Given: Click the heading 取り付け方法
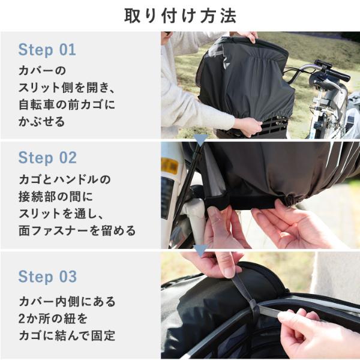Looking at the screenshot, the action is pos(180,16).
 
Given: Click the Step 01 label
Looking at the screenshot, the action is pos(47,50).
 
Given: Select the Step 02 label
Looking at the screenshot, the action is pos(47,157).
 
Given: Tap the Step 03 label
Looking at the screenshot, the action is pos(47,277).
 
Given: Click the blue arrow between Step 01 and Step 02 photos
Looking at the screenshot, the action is pos(200,140).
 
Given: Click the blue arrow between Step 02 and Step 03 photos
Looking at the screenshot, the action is pos(200,250).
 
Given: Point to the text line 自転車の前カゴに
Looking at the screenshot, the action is pos(67,104).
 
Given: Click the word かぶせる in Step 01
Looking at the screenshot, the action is pos(41,121).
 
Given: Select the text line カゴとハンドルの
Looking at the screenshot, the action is pos(65,179).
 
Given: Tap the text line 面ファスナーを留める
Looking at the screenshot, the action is pos(77,231).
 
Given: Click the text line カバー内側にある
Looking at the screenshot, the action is pos(67,301).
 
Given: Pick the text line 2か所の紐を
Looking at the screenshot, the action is pos(53,319).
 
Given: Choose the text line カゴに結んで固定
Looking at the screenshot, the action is pos(67,335).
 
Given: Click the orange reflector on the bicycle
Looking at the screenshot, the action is pos(170,166).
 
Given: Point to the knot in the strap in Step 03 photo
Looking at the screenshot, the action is pos(253,305).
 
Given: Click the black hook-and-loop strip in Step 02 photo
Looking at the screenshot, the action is pos(241,203).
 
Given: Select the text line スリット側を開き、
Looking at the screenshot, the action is pos(67,88).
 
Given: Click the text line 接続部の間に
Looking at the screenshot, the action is pos(56,197).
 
